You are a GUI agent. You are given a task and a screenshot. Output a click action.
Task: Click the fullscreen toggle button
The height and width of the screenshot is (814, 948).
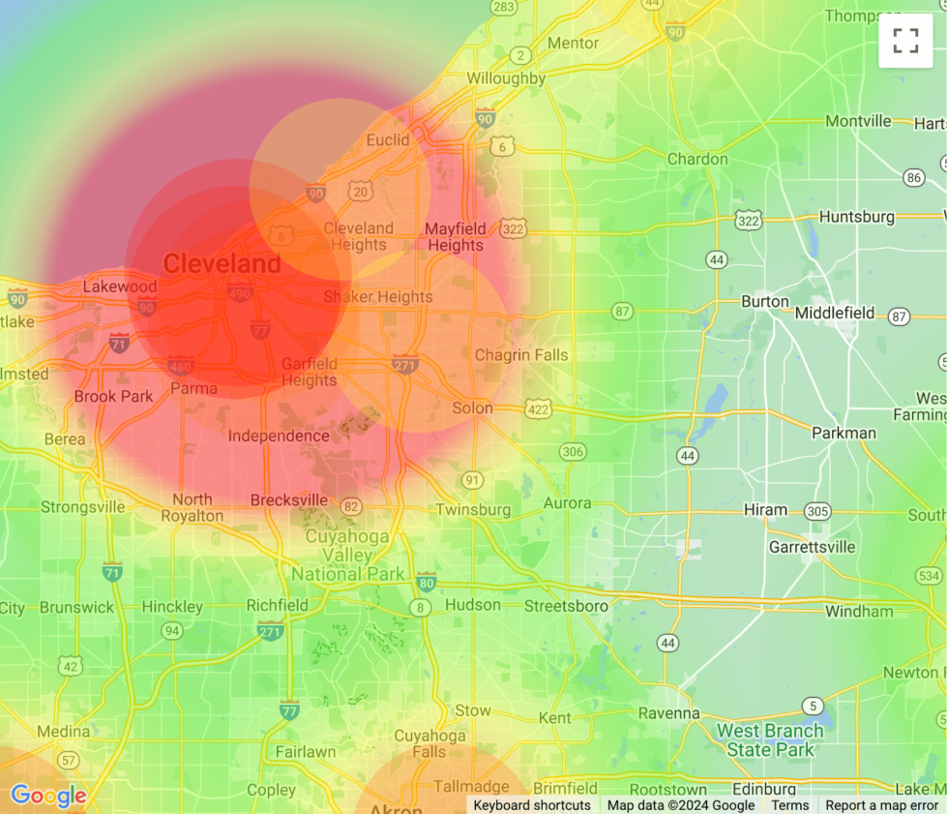pos(905,41)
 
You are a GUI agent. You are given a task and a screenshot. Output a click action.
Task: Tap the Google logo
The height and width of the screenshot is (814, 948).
pos(48,796)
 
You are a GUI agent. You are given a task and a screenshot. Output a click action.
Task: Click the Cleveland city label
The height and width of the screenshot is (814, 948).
pos(222,263)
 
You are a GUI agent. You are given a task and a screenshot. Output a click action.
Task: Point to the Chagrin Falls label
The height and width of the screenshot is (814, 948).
pos(521,355)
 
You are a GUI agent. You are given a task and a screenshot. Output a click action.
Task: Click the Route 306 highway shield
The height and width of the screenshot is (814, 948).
pos(573,452)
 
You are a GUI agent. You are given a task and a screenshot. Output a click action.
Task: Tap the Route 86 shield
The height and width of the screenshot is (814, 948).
pos(913,177)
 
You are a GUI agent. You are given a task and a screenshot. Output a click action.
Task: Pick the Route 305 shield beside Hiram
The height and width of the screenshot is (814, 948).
pos(817,511)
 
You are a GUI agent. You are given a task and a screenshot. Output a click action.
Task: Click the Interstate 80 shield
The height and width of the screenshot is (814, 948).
pos(427,582)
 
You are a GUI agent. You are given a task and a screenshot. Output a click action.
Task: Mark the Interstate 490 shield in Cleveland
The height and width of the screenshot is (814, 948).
pos(240,291)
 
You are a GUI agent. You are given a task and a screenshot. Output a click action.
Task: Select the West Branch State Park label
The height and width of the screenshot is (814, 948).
pos(769,740)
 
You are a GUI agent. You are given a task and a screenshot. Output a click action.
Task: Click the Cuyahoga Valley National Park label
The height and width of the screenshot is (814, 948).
pos(347,556)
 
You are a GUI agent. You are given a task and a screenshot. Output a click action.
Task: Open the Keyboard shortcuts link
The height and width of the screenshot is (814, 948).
pos(532,805)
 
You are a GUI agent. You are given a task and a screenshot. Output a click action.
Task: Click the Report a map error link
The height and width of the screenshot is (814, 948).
pos(881,805)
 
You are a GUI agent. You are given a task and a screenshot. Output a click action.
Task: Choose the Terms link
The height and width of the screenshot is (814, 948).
pos(789,805)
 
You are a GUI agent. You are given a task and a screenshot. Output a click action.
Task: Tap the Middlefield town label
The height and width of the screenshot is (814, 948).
pos(835,314)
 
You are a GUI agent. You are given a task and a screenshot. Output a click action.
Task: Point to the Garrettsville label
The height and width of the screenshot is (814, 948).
pos(812,547)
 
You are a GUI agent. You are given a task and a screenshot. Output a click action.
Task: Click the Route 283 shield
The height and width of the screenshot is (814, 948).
pos(503,7)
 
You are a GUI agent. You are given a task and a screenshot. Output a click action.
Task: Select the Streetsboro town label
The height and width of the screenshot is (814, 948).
pos(566,606)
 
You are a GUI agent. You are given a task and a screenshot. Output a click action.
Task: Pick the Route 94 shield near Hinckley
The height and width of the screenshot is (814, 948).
pos(171,631)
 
